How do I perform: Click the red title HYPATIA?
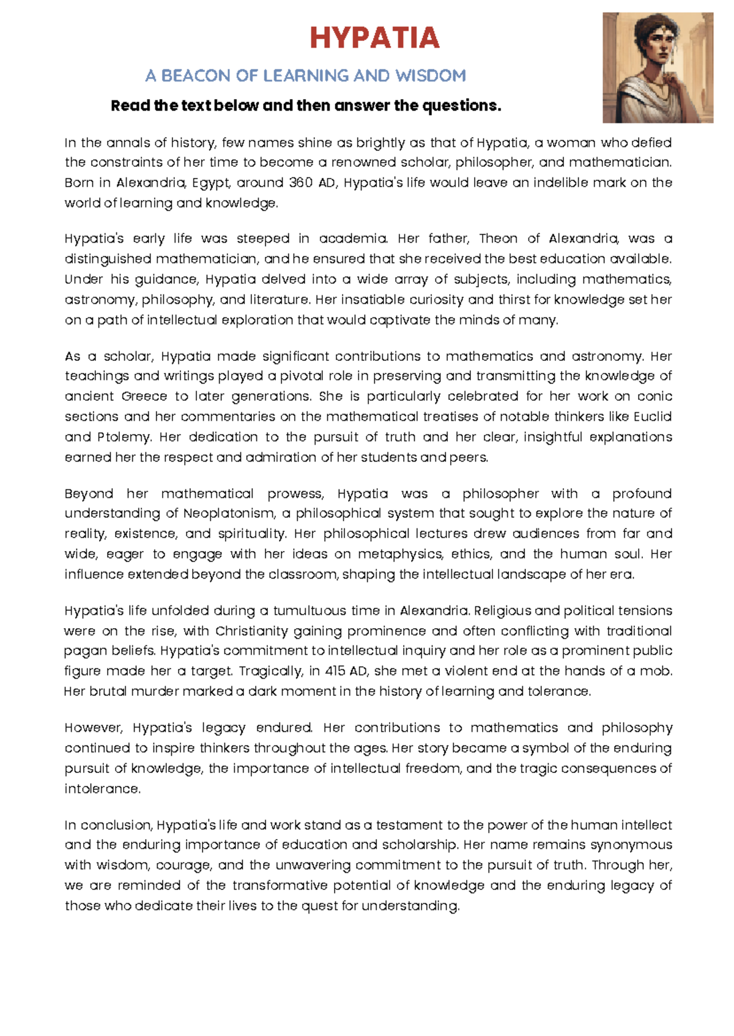click(x=374, y=39)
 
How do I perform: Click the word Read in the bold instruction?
click(x=130, y=106)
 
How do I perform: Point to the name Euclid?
click(x=652, y=416)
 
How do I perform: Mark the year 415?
click(x=335, y=671)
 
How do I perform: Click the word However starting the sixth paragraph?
click(x=94, y=728)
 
